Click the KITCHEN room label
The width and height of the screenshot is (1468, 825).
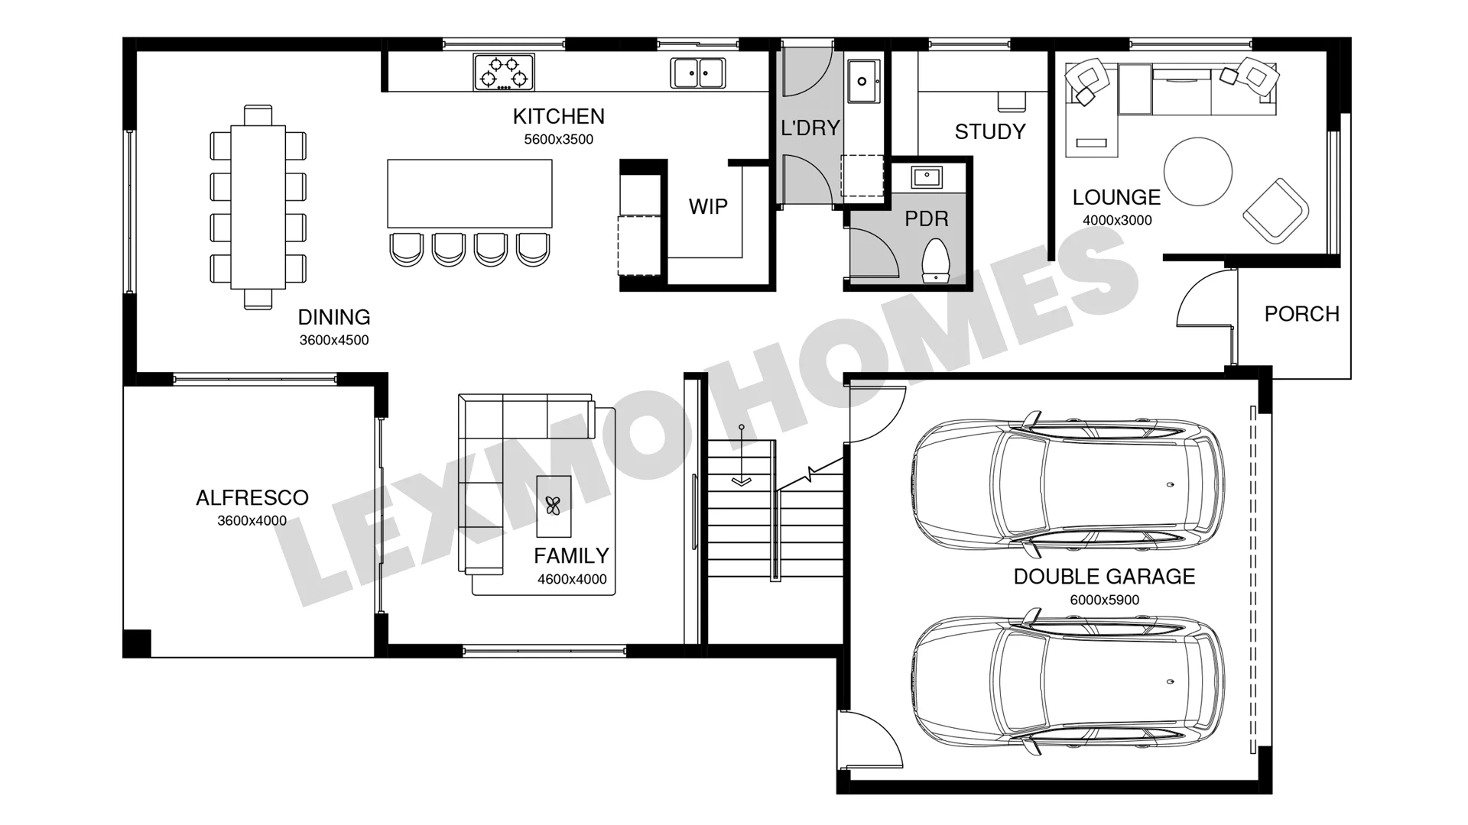pos(558,116)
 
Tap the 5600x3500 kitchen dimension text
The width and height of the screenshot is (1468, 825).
pos(558,139)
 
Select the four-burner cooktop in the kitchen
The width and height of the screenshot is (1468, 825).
pos(504,72)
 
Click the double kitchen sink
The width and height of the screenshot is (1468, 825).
pos(698,73)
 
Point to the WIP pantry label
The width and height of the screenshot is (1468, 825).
pos(708,206)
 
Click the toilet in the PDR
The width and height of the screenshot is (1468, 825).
pos(936,260)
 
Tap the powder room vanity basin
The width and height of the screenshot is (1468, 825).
pos(927,177)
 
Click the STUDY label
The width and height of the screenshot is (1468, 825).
pos(990,131)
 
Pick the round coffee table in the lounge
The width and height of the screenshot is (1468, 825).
pos(1198,171)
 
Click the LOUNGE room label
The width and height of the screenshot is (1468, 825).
pos(1116,197)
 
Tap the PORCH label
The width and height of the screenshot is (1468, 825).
pos(1302,314)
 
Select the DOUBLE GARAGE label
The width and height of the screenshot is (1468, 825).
pos(1104,577)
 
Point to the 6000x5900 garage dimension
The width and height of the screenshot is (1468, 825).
pos(1104,600)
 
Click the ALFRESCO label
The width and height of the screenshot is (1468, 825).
pos(252,498)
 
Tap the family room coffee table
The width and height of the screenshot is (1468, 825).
pos(554,506)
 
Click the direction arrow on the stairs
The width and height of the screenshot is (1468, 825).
pos(741,455)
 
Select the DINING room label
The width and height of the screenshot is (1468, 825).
pos(334,317)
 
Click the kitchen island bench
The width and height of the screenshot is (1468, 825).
pos(469,193)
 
